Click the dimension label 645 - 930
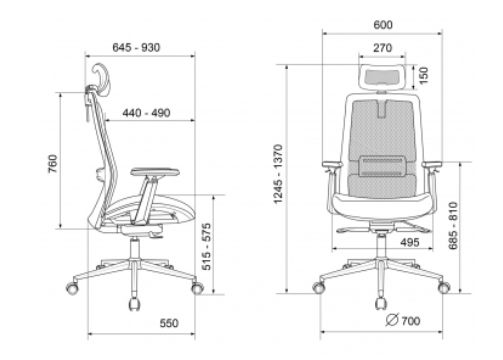coord(136,48)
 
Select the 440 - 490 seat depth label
coord(146,113)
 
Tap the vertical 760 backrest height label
coord(53,164)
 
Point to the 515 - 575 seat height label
coord(206,247)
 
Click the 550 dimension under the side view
coord(169,323)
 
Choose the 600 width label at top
coord(383,25)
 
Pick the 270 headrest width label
coord(382,48)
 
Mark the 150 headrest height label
coord(423,76)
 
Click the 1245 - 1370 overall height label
coord(278,174)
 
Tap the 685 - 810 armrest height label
coord(453,225)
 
